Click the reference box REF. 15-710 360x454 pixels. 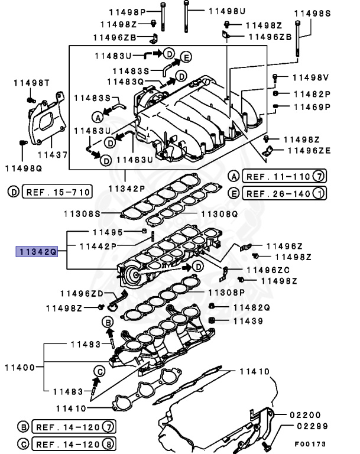(x=57, y=192)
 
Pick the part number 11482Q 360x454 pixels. (x=250, y=307)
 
